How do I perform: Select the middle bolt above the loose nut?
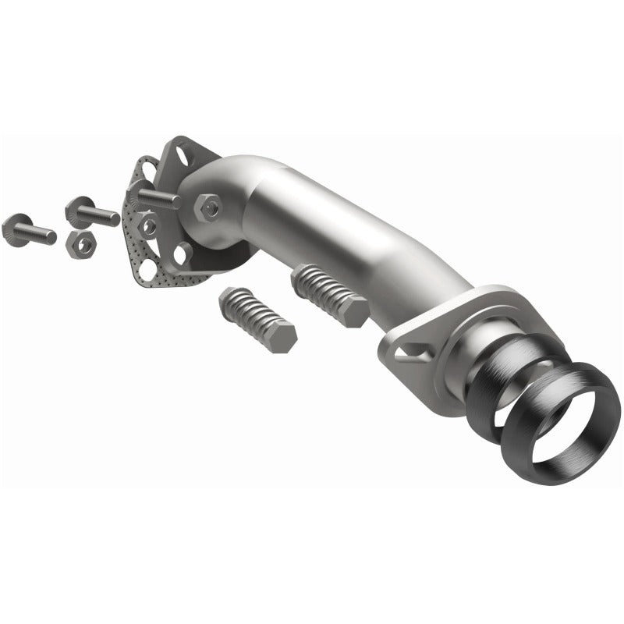pos(94,212)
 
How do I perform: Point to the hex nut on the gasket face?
pos(147,225)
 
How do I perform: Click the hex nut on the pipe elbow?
pos(209,206)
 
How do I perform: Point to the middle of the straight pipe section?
pos(343,234)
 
